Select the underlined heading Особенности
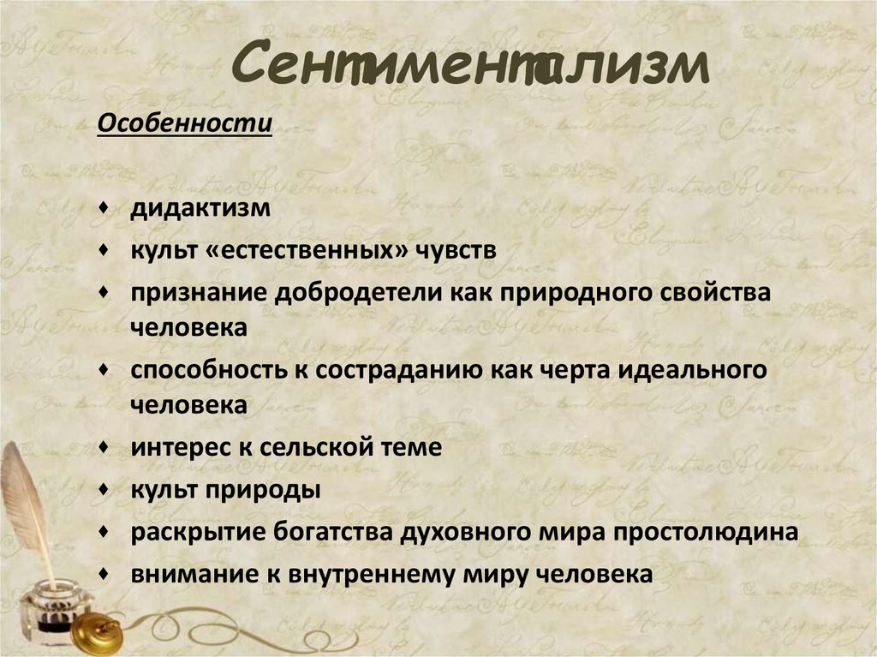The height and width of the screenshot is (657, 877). [x=184, y=124]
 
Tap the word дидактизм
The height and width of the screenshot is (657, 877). [x=200, y=209]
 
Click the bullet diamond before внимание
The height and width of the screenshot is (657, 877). [x=104, y=573]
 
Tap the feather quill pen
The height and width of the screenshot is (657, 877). [x=30, y=505]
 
